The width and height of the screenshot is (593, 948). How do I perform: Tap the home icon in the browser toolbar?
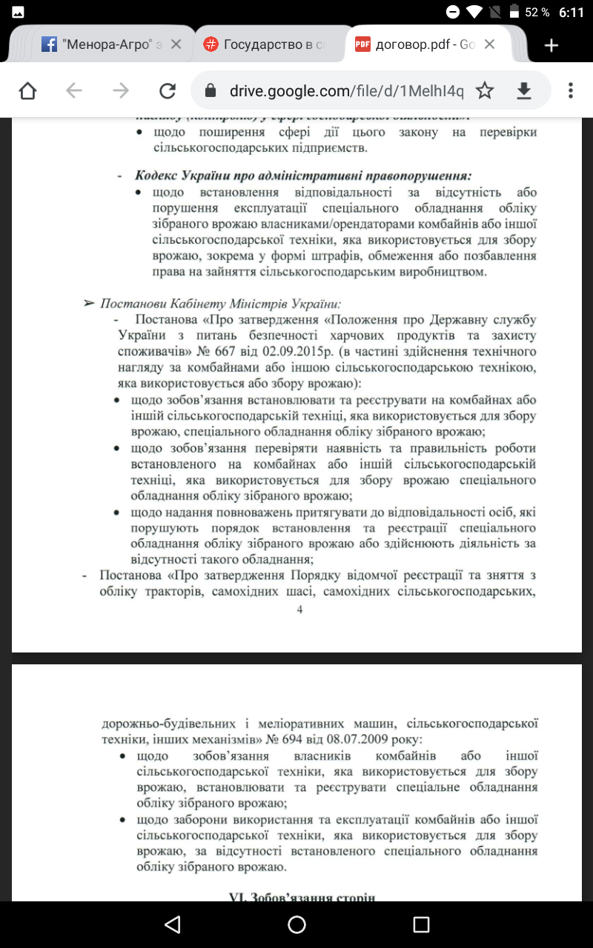tap(27, 90)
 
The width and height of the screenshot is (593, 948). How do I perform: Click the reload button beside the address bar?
tap(168, 90)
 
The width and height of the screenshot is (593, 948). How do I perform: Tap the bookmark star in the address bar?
tap(485, 90)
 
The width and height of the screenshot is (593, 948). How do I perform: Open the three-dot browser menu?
tap(570, 90)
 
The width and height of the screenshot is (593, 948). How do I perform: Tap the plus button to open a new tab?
tap(551, 45)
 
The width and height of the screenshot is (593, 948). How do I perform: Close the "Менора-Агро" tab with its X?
tap(176, 44)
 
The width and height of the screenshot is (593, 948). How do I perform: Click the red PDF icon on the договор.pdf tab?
tap(362, 44)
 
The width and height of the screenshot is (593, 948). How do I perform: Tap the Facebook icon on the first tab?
tap(50, 44)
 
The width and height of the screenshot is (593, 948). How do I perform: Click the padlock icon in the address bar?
tap(211, 90)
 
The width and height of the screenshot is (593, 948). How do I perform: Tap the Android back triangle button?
tap(173, 924)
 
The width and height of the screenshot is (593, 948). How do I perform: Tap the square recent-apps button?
tap(421, 924)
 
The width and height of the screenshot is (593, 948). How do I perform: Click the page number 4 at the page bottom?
tap(299, 609)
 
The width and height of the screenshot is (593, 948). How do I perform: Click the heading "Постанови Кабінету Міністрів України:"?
tap(220, 304)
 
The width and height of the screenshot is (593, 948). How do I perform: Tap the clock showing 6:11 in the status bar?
tap(572, 13)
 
